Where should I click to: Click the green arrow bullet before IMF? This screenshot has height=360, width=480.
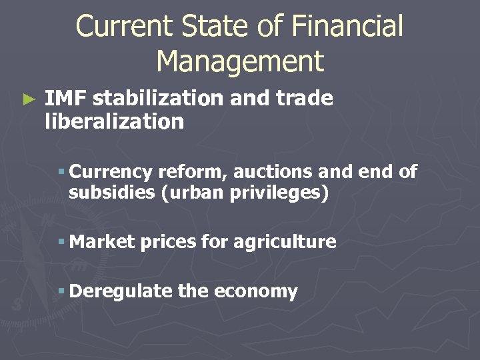pos(27,100)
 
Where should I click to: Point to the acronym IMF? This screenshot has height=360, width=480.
pos(66,99)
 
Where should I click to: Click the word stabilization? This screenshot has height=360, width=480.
pos(158,99)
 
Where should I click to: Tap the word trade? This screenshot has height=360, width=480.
pos(305,99)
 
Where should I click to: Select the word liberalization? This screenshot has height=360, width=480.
pos(114,121)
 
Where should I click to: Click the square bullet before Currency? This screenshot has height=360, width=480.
pos(61,172)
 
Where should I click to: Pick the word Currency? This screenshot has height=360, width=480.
pos(111,171)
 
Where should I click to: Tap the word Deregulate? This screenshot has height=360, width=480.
pos(121,292)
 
